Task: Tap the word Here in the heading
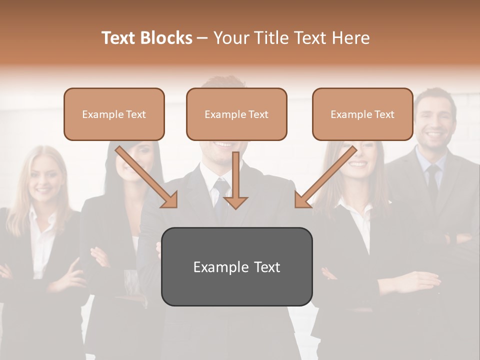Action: pos(351,38)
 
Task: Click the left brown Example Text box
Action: pos(114,114)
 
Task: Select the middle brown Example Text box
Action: pos(236,114)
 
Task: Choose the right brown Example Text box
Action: pos(362,114)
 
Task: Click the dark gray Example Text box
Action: pos(236,266)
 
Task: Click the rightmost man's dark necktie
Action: pos(432,180)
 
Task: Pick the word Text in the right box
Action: pos(384,114)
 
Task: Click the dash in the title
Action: pos(202,38)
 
